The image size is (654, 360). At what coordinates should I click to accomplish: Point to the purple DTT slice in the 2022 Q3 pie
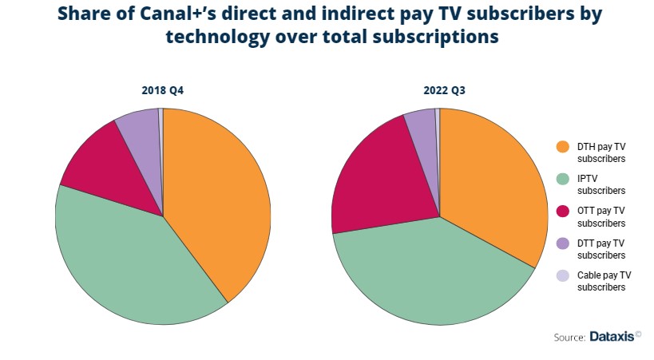(421, 128)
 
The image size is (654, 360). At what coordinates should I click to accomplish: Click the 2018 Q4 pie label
(163, 91)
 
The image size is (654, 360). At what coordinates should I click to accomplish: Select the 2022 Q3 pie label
(439, 91)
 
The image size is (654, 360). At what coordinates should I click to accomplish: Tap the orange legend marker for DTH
(562, 147)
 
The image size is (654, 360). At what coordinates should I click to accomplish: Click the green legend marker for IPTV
(562, 179)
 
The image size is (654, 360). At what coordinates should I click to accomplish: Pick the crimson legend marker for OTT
(562, 211)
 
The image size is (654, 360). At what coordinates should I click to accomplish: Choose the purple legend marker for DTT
(562, 243)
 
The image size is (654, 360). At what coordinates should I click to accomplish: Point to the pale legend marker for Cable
(562, 275)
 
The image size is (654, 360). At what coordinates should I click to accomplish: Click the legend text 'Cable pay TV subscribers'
(603, 280)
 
